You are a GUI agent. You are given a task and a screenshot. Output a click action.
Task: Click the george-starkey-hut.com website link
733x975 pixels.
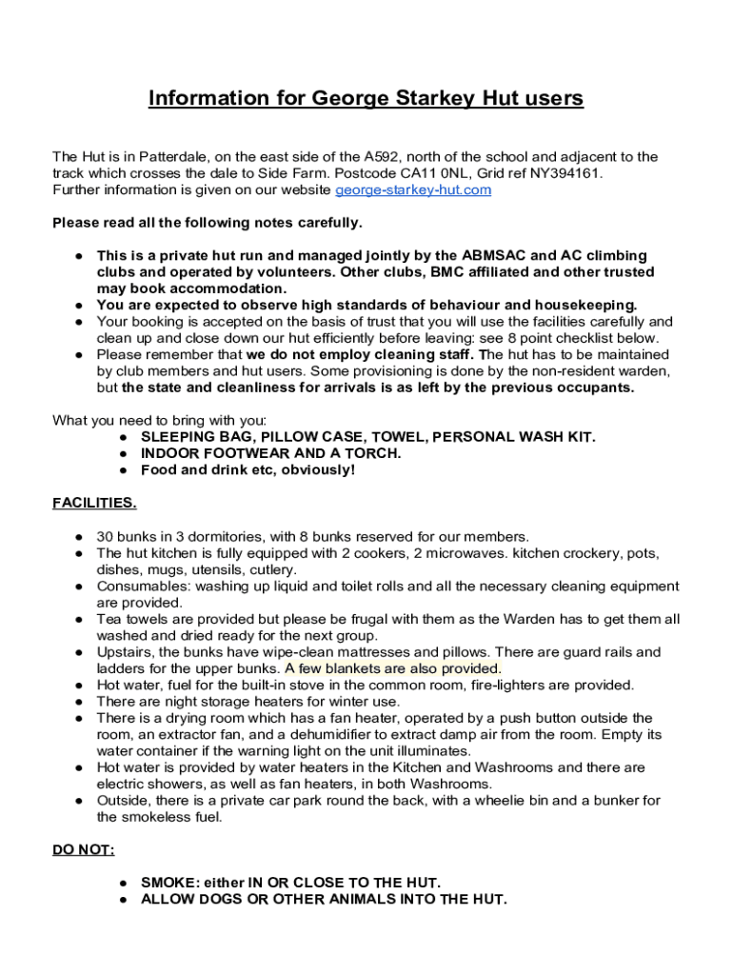[413, 190]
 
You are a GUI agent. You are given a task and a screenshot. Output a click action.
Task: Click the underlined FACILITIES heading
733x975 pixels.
[94, 503]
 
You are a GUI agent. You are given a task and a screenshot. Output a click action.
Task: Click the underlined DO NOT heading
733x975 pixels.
[83, 850]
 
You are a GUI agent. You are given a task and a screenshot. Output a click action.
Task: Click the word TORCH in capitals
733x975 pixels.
[374, 453]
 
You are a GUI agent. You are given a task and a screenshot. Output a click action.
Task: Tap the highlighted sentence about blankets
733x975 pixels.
[392, 668]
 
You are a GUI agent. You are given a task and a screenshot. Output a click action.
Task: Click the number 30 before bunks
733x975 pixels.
[105, 537]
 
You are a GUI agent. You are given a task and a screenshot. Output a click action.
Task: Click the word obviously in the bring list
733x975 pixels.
[318, 470]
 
